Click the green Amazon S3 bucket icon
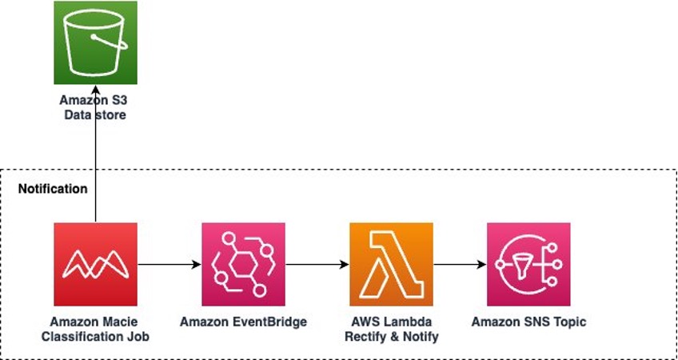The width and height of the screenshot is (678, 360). tap(95, 42)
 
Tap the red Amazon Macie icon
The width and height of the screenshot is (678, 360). tap(95, 265)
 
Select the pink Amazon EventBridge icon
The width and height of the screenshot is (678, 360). tap(243, 265)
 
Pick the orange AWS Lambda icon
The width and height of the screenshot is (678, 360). tap(391, 265)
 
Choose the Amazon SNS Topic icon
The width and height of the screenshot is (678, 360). tap(528, 265)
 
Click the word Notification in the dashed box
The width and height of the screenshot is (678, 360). tap(53, 190)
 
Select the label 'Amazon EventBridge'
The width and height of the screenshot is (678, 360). tap(243, 322)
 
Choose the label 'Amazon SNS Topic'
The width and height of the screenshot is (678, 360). tap(528, 322)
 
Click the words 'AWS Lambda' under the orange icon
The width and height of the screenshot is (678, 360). tap(391, 322)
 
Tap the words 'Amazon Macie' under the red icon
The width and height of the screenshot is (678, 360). tap(95, 322)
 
